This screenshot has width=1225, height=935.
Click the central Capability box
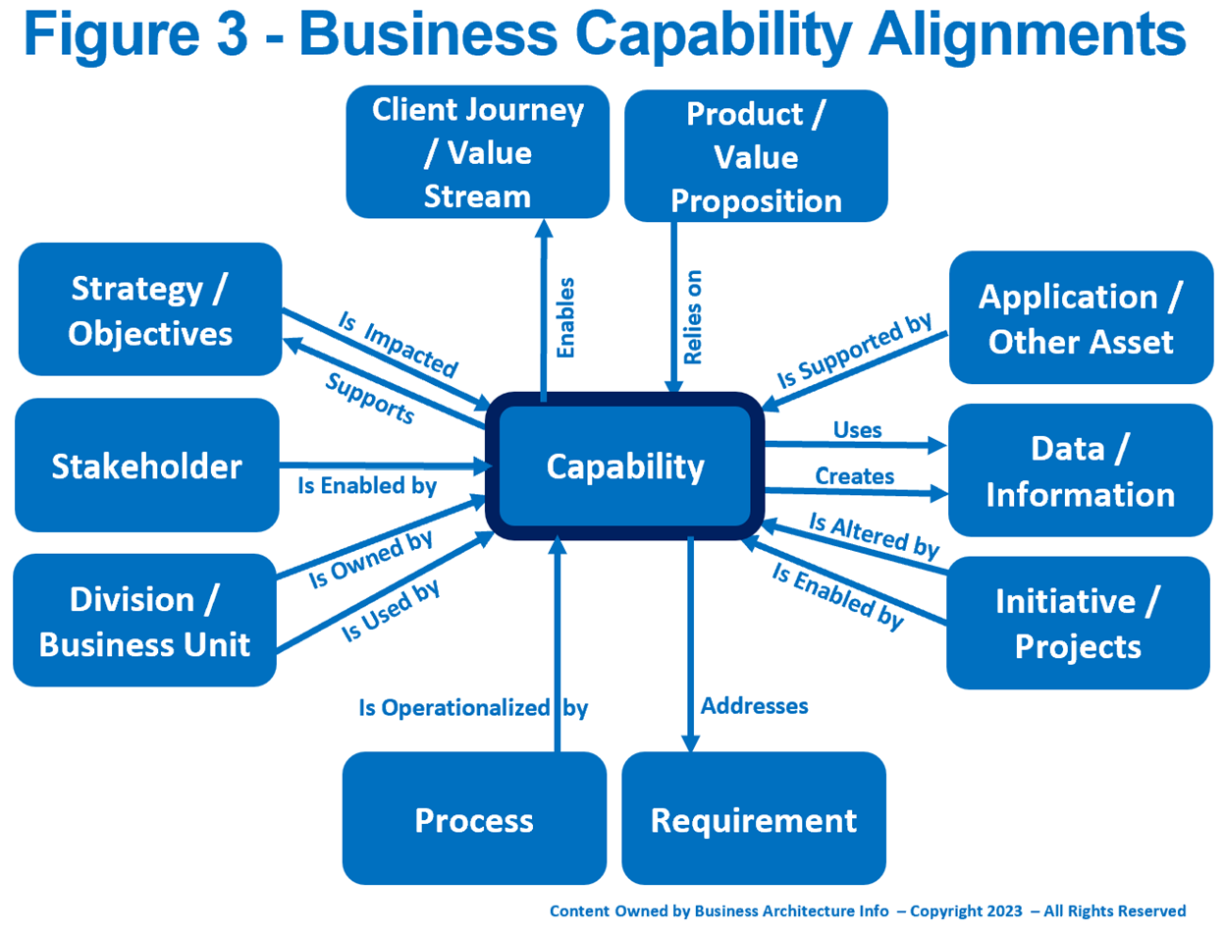coord(625,467)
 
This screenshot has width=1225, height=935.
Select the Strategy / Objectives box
coord(150,309)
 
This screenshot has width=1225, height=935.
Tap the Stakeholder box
coord(146,466)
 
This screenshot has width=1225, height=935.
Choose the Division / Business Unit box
coord(145,621)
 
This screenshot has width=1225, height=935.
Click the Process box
coord(474,819)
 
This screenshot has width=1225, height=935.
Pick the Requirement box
coord(754,819)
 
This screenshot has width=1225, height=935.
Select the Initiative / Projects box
coord(1077,623)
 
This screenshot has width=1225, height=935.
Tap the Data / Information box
coord(1080,470)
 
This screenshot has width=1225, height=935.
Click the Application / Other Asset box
coord(1080,318)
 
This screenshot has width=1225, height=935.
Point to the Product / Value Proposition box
coord(755,157)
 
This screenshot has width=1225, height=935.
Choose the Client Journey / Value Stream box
coord(477,153)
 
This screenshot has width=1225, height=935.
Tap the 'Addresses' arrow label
coord(754,705)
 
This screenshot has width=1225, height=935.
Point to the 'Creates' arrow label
coord(855,476)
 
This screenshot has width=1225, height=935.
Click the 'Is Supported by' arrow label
coord(853,353)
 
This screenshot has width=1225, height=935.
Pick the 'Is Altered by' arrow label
coord(874,535)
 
